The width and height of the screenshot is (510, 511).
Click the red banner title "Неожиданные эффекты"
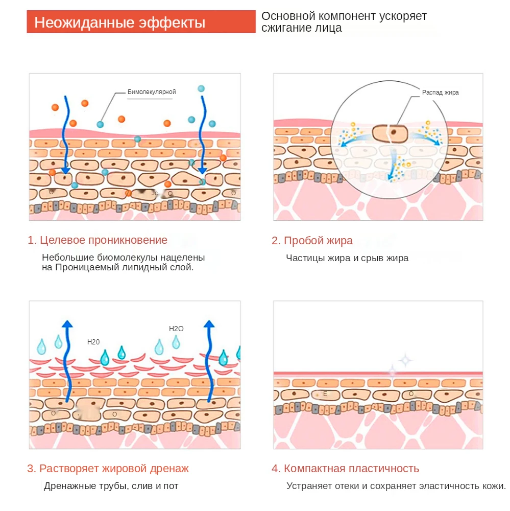pos(120,23)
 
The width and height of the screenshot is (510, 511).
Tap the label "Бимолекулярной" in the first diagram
pos(152,92)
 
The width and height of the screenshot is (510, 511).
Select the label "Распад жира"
pos(440,92)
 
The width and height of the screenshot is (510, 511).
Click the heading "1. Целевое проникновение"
pos(97,240)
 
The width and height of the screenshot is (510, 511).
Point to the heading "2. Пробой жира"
pos(312,241)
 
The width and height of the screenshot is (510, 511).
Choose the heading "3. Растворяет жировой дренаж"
pos(108,468)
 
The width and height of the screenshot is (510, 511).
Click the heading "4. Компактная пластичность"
pos(345,468)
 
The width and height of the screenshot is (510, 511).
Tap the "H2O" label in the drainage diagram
pos(176,329)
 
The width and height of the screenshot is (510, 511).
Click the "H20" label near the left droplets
pos(93,342)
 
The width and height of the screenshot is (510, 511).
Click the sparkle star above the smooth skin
pos(405,360)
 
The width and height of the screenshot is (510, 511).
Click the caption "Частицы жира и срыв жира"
pos(347,258)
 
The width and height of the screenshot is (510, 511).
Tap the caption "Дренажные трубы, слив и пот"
pos(111,486)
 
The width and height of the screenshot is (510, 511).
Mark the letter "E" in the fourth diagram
pos(325,394)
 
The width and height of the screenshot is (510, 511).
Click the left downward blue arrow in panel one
pos(65,135)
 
